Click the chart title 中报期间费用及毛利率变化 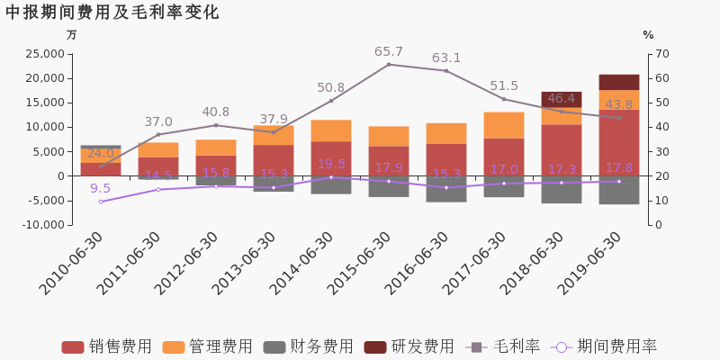tap(112, 13)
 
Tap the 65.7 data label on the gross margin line tap(389, 52)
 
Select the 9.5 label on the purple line tap(101, 188)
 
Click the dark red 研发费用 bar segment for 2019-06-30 tap(619, 82)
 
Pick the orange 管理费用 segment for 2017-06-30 tap(504, 125)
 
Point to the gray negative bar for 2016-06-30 tap(446, 189)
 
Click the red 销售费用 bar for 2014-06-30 tap(331, 158)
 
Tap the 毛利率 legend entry tap(503, 346)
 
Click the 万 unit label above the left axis tap(72, 35)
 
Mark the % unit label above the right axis tap(648, 35)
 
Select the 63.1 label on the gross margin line tap(446, 58)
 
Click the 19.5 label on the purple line tap(331, 165)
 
